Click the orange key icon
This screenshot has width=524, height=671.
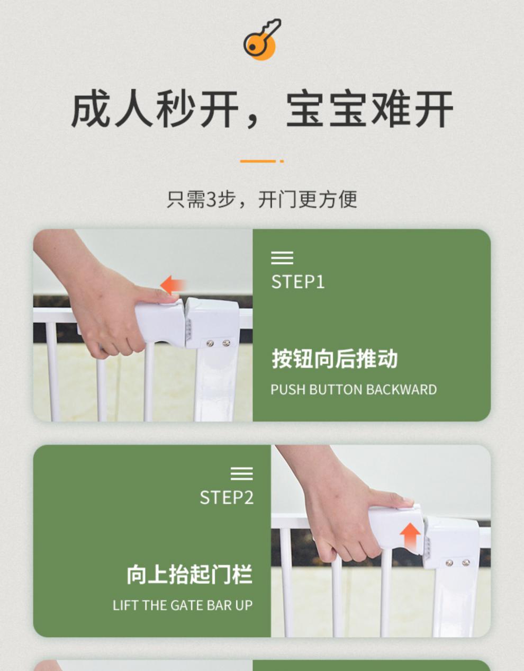tap(261, 40)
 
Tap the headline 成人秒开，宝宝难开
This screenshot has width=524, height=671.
tap(262, 109)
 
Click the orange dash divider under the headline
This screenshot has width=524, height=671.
tap(261, 161)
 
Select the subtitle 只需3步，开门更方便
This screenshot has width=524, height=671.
tap(261, 200)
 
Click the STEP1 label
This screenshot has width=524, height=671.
tap(298, 282)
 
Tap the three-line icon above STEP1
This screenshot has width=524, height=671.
tap(282, 258)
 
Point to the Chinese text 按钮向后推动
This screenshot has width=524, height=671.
tap(335, 359)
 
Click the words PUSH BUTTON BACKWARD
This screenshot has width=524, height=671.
tap(354, 389)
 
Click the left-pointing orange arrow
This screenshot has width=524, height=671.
tap(173, 285)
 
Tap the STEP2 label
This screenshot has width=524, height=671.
tap(227, 498)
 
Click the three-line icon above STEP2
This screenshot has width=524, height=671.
tap(242, 473)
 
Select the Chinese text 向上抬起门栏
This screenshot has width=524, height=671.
tap(189, 575)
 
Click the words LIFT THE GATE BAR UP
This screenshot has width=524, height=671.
tap(183, 605)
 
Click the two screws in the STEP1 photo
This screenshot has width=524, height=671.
tap(218, 343)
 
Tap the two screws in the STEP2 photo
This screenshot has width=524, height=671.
tap(458, 562)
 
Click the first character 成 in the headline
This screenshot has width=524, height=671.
tap(91, 109)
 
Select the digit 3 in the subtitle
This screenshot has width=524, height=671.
tap(211, 200)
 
